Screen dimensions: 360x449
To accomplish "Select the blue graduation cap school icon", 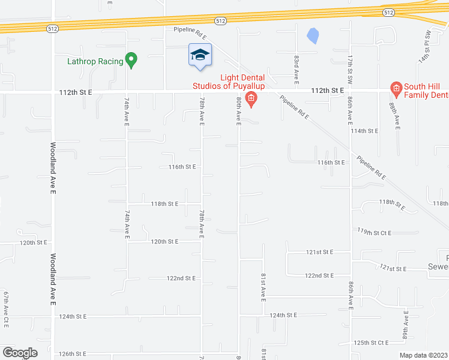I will (x=200, y=55).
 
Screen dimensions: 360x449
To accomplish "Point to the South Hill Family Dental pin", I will (x=396, y=89).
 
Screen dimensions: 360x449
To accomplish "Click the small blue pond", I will (x=312, y=36).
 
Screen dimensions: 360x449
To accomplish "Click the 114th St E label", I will (x=366, y=130).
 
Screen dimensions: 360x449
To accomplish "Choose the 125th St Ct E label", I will (x=372, y=343).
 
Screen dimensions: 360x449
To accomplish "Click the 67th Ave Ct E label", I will (x=6, y=309).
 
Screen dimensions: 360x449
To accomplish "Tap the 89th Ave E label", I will (x=406, y=324).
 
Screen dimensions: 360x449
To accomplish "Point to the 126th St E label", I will (x=72, y=353).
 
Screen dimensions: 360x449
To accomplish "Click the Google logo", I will (x=20, y=353).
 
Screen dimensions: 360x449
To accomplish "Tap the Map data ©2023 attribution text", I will (x=423, y=355).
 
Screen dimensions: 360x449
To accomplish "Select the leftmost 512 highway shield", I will (x=52, y=28).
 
